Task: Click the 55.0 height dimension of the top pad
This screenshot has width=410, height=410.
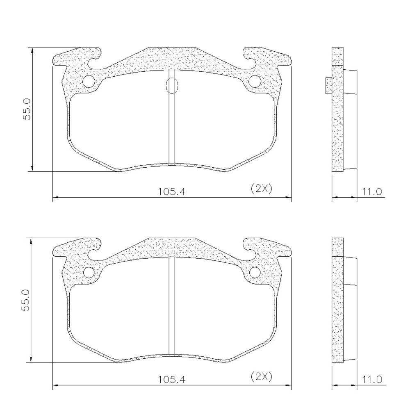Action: pyautogui.click(x=27, y=109)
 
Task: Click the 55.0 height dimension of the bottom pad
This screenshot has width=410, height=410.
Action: pyautogui.click(x=26, y=300)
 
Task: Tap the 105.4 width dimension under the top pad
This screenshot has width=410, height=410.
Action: pyautogui.click(x=171, y=192)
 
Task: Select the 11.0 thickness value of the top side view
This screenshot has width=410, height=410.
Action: pyautogui.click(x=372, y=192)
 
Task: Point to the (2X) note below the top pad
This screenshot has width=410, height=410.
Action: pyautogui.click(x=262, y=188)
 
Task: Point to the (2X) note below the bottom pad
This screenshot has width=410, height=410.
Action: pyautogui.click(x=262, y=376)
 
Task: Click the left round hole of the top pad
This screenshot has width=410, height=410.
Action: pyautogui.click(x=89, y=81)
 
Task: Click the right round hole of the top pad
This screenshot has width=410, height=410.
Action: pyautogui.click(x=255, y=81)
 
